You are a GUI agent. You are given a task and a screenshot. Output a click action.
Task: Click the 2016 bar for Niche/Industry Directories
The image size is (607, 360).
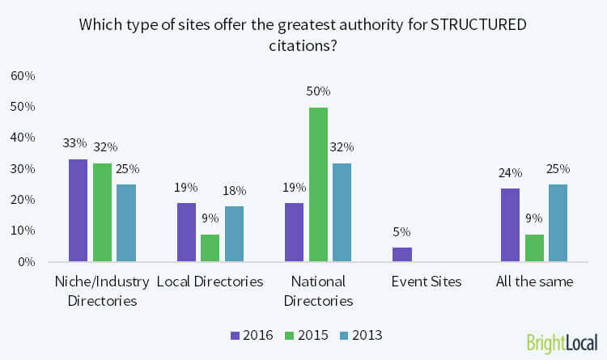click(79, 210)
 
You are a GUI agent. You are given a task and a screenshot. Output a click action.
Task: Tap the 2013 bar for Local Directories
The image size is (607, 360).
click(234, 234)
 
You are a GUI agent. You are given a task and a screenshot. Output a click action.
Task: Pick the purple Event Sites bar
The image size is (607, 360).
click(401, 254)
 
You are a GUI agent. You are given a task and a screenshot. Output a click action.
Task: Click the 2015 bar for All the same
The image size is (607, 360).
click(533, 248)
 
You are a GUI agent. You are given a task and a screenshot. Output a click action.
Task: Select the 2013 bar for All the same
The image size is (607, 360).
click(558, 222)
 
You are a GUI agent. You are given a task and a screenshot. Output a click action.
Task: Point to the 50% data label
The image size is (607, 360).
click(317, 91)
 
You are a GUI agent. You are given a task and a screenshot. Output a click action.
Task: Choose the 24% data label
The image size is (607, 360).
click(510, 172)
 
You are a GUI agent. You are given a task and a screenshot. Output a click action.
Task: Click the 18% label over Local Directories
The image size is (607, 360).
click(234, 191)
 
